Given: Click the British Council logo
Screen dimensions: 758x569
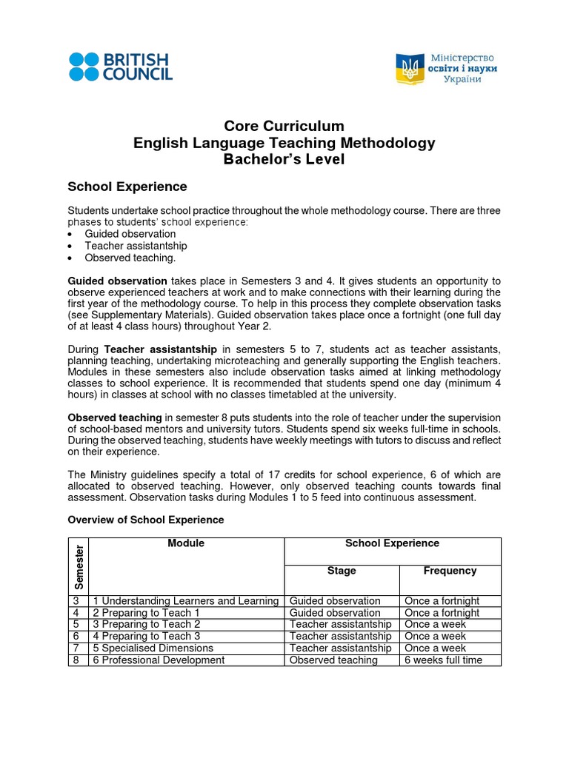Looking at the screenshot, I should (x=120, y=66).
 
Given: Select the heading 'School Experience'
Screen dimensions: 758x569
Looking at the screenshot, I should (x=127, y=187).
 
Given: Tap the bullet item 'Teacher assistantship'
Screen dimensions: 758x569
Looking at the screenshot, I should (x=136, y=246).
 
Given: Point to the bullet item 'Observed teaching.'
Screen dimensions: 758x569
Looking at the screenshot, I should (x=130, y=258).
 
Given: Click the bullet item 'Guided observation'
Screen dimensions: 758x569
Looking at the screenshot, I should (x=130, y=234).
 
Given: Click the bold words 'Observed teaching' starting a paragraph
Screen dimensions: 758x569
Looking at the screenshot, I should (x=115, y=418).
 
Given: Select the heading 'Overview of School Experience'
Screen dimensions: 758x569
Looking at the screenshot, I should (x=145, y=520).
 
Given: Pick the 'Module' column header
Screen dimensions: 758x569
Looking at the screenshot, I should (x=186, y=543).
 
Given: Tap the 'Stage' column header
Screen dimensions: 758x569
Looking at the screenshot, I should (x=342, y=571).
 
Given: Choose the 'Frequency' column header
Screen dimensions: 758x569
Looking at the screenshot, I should (x=450, y=571).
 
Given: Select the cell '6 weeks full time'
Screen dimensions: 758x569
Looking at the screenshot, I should (x=443, y=660).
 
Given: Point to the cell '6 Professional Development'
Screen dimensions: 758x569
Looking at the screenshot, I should (x=159, y=660).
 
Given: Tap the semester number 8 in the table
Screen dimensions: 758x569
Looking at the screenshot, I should (x=76, y=660).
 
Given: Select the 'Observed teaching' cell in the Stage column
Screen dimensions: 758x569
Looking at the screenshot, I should (x=333, y=660).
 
